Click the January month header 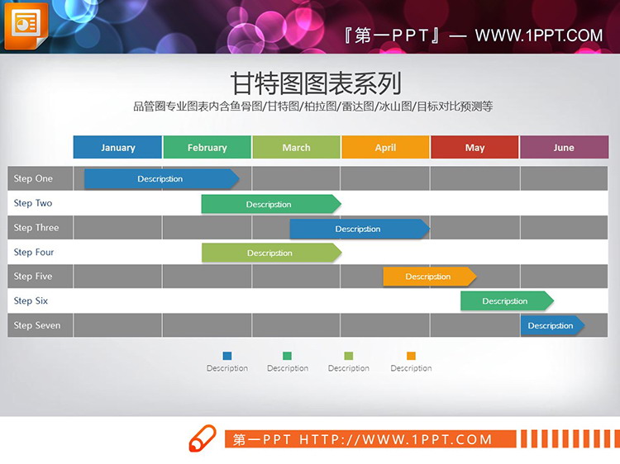click(x=117, y=148)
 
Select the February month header click(x=207, y=148)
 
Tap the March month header click(x=296, y=148)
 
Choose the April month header click(x=385, y=148)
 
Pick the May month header click(x=475, y=148)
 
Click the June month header click(x=564, y=148)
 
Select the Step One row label click(x=33, y=178)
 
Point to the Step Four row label click(x=34, y=253)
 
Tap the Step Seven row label click(x=37, y=325)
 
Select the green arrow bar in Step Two click(x=270, y=204)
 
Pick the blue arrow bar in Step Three click(x=359, y=229)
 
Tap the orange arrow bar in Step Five click(x=429, y=277)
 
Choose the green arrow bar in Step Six click(x=506, y=301)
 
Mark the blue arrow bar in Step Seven click(x=551, y=325)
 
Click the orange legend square click(x=411, y=356)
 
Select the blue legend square click(x=227, y=356)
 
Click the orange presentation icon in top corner click(x=26, y=26)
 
